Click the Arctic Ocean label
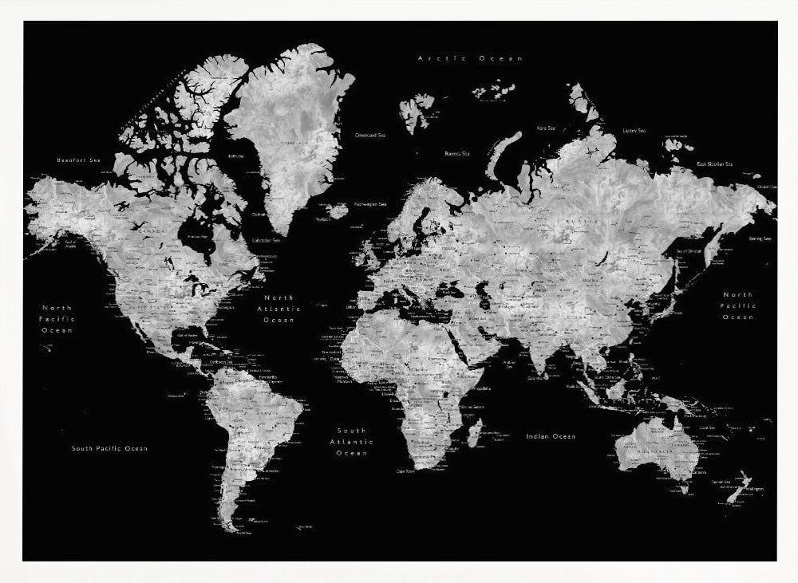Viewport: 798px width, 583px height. click(471, 58)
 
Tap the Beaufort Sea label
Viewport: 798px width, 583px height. click(79, 160)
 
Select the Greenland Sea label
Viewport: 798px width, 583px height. click(370, 136)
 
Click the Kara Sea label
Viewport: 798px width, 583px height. click(546, 128)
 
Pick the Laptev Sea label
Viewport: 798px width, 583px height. click(634, 130)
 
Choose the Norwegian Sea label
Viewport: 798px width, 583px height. click(370, 203)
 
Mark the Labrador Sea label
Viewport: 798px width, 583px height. click(266, 240)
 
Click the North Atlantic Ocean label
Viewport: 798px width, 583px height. click(279, 308)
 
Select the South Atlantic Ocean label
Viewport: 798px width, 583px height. click(351, 441)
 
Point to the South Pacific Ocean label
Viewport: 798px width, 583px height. click(109, 448)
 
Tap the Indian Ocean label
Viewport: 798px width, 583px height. click(551, 436)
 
